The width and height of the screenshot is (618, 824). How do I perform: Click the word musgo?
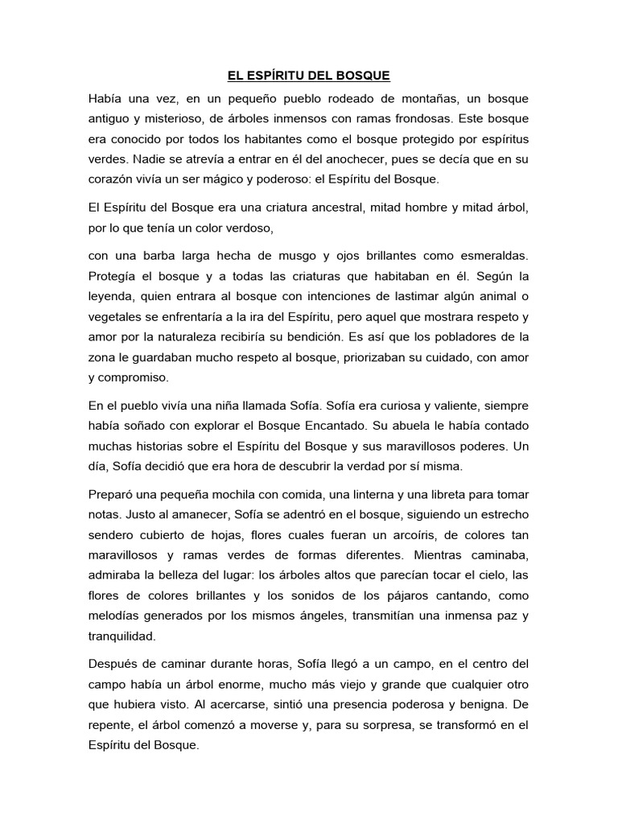click(287, 256)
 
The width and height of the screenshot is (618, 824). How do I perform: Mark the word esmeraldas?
click(490, 256)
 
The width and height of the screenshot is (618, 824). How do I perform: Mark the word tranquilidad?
click(123, 636)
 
